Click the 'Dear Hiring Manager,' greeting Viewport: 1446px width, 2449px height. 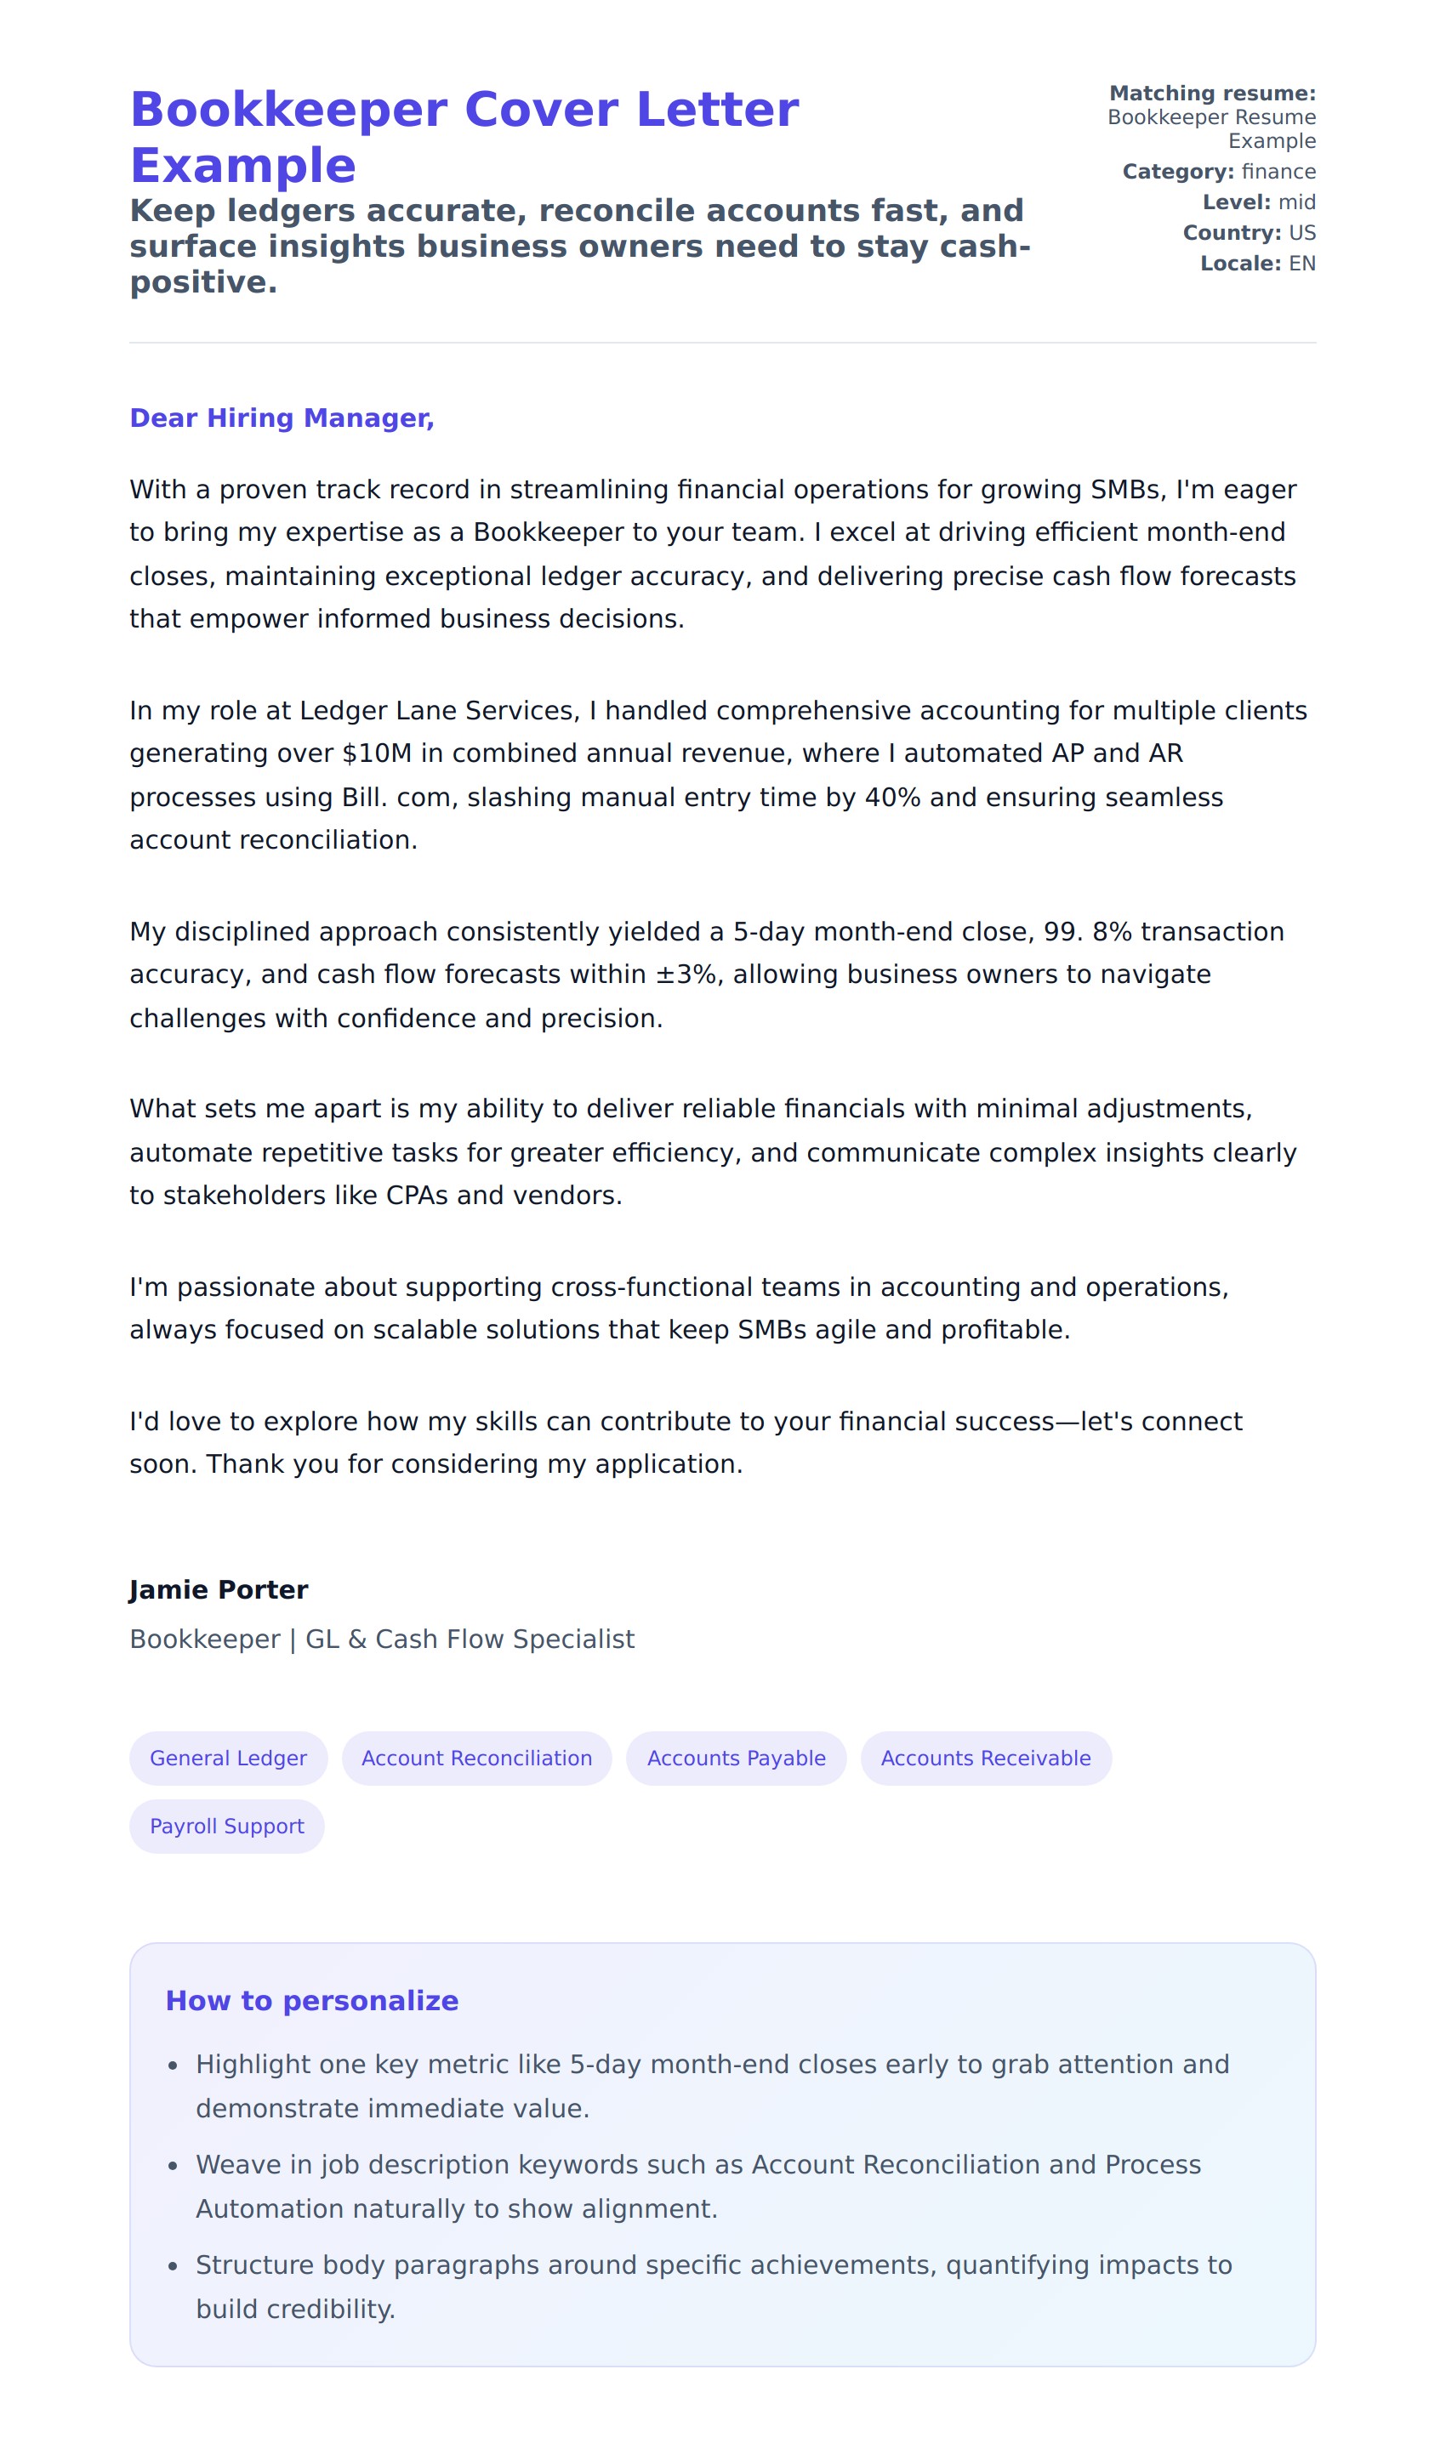pyautogui.click(x=282, y=418)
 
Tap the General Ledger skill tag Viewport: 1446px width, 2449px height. pyautogui.click(x=228, y=1759)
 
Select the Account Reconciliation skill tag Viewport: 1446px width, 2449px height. pyautogui.click(x=476, y=1759)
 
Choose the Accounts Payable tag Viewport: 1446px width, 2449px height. pyautogui.click(x=736, y=1759)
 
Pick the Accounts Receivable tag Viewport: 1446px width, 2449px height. pyautogui.click(x=985, y=1759)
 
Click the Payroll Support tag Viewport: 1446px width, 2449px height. pyautogui.click(x=227, y=1827)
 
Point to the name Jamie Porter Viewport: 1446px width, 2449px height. pyautogui.click(x=219, y=1590)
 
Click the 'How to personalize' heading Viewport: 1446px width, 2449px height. pyautogui.click(x=312, y=2001)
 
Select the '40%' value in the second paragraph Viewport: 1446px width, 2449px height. pyautogui.click(x=892, y=798)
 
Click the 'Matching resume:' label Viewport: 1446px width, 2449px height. pyautogui.click(x=1212, y=94)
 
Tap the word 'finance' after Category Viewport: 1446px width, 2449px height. pyautogui.click(x=1278, y=173)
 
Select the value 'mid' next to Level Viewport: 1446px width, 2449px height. pyautogui.click(x=1297, y=202)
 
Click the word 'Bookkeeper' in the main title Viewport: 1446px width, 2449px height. pyautogui.click(x=289, y=109)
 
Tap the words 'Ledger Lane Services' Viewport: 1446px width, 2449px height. pyautogui.click(x=438, y=711)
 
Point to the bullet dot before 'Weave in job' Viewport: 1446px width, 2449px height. pyautogui.click(x=173, y=2167)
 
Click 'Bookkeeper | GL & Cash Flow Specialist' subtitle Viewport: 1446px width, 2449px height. pyautogui.click(x=382, y=1639)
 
